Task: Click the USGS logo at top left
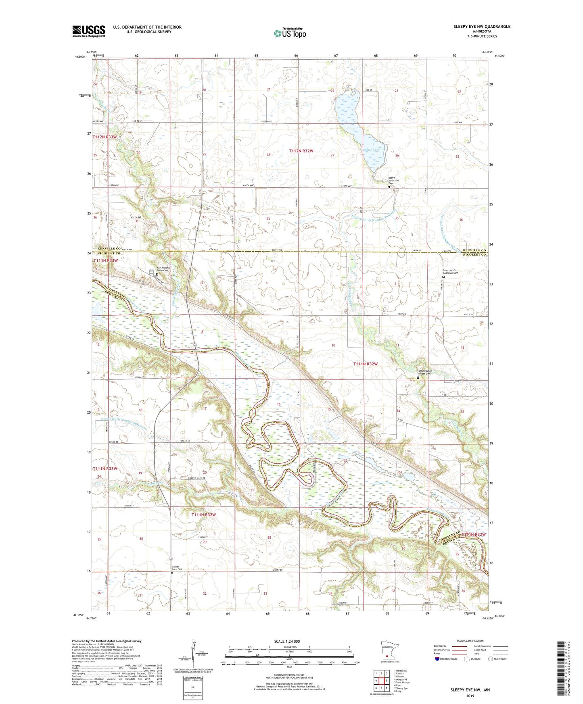(89, 31)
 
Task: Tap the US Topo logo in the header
(289, 33)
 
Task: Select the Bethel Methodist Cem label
(391, 180)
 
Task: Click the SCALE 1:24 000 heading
(286, 641)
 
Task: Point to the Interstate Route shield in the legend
(438, 659)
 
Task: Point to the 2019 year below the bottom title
(470, 696)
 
